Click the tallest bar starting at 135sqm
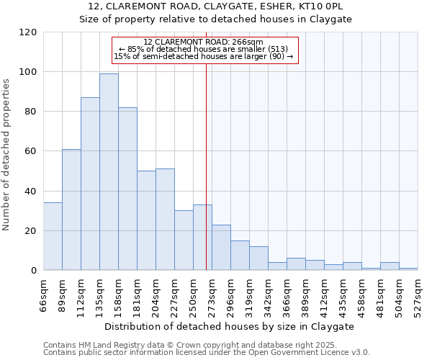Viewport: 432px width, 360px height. [x=109, y=172]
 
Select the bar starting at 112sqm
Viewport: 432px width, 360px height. [x=90, y=184]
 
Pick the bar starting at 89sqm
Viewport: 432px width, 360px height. [x=71, y=210]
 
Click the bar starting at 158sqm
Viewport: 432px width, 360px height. [x=127, y=189]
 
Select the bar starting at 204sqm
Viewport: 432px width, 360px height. [x=165, y=220]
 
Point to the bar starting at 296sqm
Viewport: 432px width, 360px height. [x=240, y=256]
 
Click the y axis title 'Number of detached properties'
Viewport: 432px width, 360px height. [x=6, y=155]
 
